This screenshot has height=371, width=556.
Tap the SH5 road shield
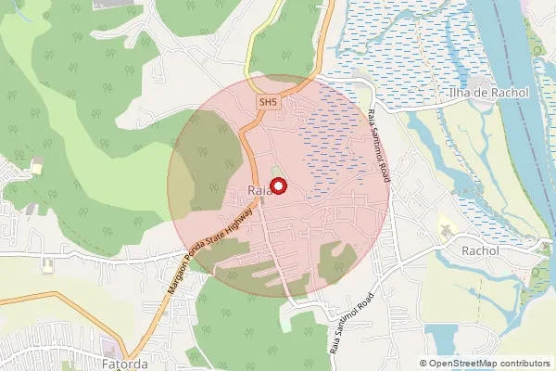(269, 102)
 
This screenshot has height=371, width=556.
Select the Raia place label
(259, 191)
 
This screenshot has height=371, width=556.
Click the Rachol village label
(480, 250)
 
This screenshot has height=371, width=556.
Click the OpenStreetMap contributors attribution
(485, 364)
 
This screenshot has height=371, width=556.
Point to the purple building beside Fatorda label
(111, 348)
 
